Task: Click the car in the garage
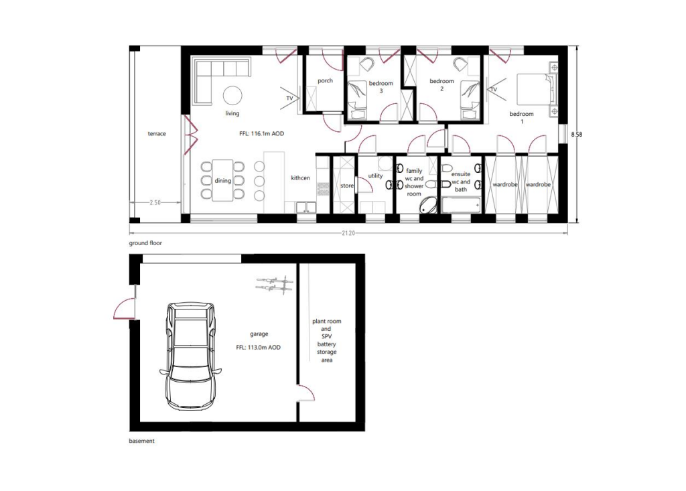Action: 191,356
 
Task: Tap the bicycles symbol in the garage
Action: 274,285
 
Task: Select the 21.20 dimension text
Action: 348,233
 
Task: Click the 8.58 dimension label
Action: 576,135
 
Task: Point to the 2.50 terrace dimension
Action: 155,202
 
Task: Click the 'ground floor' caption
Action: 145,243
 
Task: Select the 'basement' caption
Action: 141,441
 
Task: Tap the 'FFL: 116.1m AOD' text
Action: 261,134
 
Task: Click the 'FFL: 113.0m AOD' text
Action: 258,348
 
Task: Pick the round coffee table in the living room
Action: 233,95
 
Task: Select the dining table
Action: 223,180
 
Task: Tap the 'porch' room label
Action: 325,81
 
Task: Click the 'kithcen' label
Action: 300,178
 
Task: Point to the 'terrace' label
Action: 157,134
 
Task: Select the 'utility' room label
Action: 375,176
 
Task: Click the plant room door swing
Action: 305,393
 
